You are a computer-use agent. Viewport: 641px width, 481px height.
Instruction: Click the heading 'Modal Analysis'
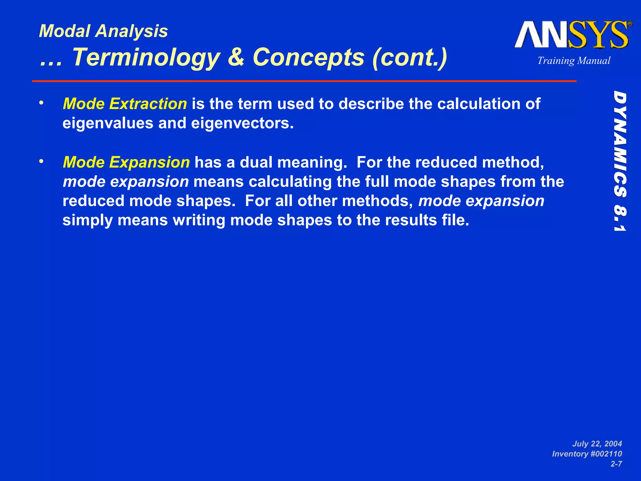(x=103, y=31)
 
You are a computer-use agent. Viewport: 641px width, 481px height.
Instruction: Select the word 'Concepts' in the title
(x=309, y=58)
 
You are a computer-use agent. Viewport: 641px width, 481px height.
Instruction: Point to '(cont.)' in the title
(x=410, y=58)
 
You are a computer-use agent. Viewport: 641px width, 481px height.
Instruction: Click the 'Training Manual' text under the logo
(x=574, y=60)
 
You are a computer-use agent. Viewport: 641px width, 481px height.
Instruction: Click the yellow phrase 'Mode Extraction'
(x=125, y=104)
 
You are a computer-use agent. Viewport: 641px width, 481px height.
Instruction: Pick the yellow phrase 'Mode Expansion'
(x=126, y=162)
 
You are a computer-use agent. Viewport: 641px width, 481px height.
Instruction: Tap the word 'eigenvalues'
(x=108, y=123)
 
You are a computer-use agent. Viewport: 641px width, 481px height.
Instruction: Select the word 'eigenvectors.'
(x=242, y=123)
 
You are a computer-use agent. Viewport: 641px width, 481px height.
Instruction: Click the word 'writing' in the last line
(x=199, y=220)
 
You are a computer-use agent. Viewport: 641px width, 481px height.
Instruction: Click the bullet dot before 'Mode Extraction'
(x=41, y=103)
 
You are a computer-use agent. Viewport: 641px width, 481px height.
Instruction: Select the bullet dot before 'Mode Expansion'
(x=41, y=162)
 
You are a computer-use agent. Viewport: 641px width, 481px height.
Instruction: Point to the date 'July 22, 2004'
(x=597, y=444)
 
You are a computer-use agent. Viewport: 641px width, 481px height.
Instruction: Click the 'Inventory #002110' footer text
(x=587, y=454)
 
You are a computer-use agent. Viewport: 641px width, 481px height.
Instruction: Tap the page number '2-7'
(x=616, y=464)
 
